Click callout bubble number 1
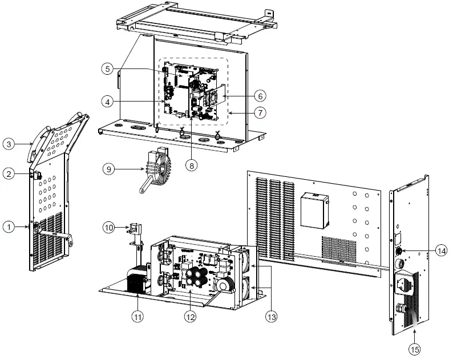(x=9, y=227)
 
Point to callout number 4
(x=106, y=102)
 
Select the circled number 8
(x=192, y=165)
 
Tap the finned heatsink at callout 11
(x=136, y=282)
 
